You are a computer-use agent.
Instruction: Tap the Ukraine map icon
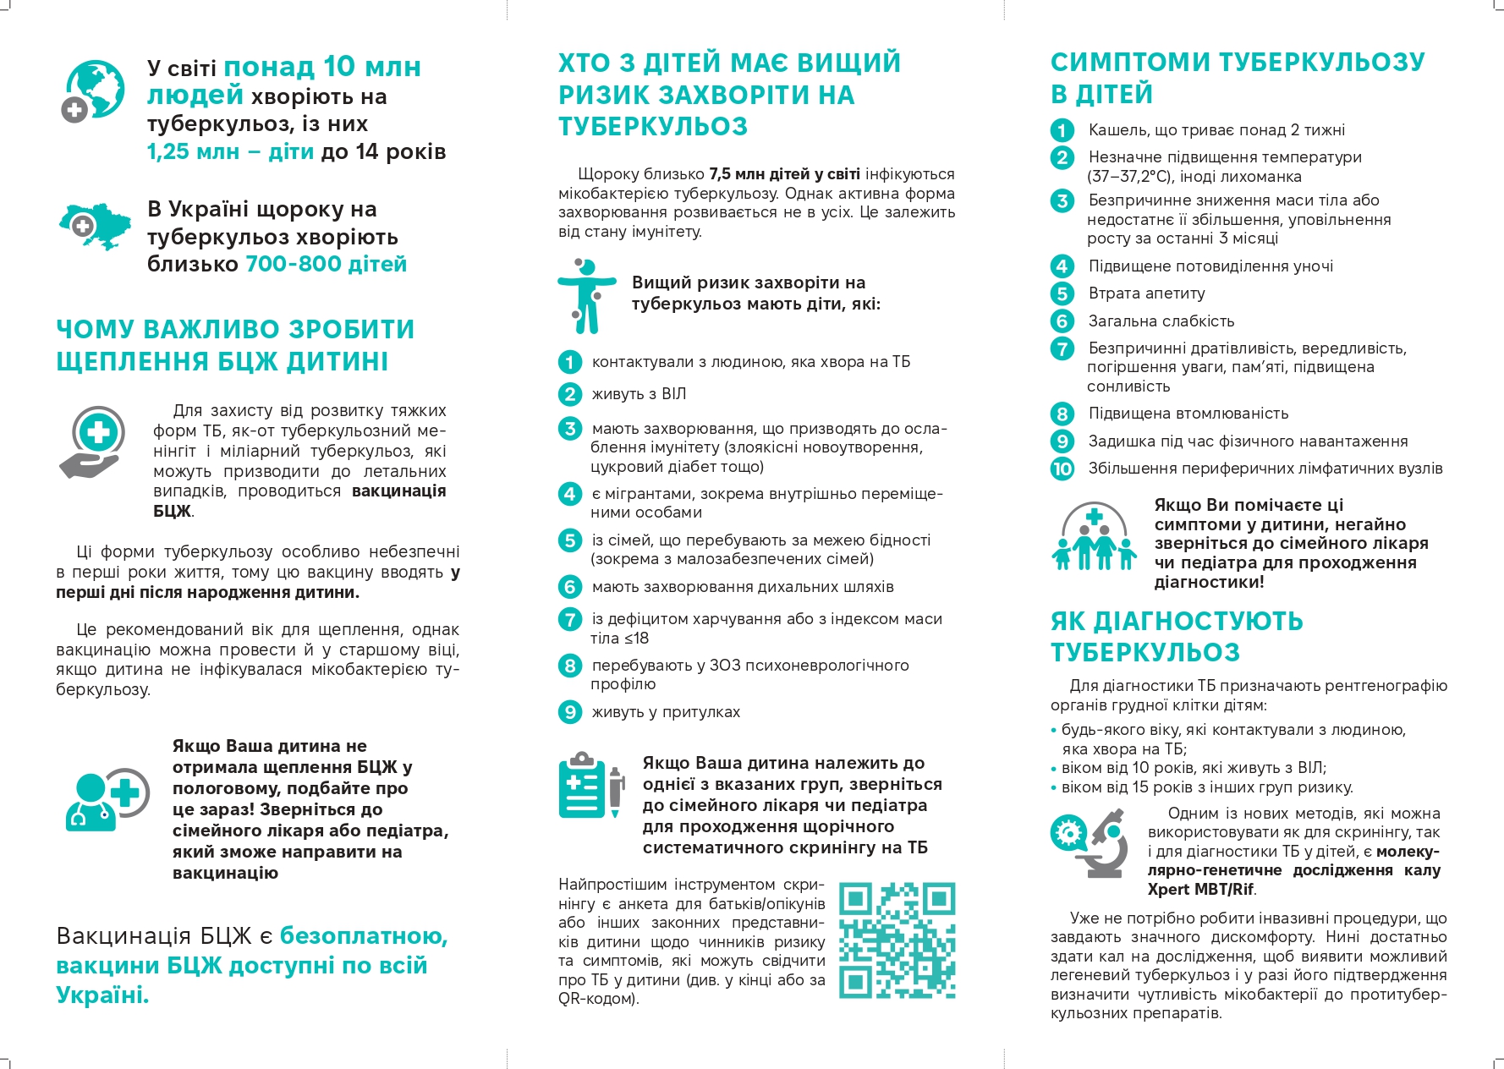pyautogui.click(x=95, y=225)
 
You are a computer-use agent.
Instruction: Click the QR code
pyautogui.click(x=897, y=940)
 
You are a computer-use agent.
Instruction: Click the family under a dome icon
pyautogui.click(x=1094, y=538)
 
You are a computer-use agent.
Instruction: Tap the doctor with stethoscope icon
pyautogui.click(x=106, y=799)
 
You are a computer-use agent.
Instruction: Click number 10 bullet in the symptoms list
pyautogui.click(x=1062, y=469)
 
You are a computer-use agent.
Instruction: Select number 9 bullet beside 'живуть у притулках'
pyautogui.click(x=570, y=712)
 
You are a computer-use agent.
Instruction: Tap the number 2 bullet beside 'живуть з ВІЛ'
pyautogui.click(x=570, y=394)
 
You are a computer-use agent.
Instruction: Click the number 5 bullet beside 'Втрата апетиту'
pyautogui.click(x=1062, y=293)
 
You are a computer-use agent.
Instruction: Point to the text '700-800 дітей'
pyautogui.click(x=326, y=265)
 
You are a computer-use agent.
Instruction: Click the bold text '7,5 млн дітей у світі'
pyautogui.click(x=784, y=174)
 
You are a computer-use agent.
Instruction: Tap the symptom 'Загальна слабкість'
pyautogui.click(x=1161, y=321)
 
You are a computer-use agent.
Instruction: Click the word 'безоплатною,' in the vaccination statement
pyautogui.click(x=364, y=936)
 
